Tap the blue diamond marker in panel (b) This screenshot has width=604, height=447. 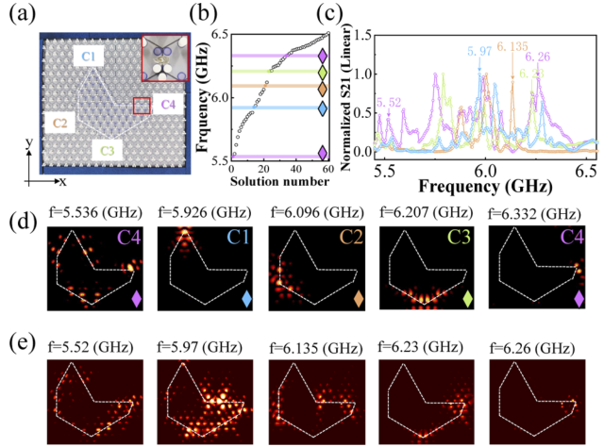324,108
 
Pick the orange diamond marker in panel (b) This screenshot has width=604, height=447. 324,89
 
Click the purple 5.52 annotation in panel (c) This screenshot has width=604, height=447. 388,101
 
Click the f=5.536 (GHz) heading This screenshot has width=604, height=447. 98,214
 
